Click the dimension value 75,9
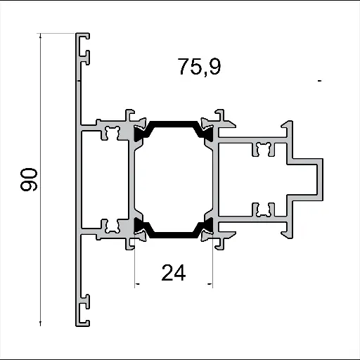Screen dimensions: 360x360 pyautogui.click(x=199, y=67)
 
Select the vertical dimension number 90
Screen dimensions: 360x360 pyautogui.click(x=29, y=180)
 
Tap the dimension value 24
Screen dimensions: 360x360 pyautogui.click(x=173, y=272)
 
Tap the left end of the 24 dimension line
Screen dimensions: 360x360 pyautogui.click(x=136, y=284)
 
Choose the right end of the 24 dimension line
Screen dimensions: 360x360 pyautogui.click(x=211, y=284)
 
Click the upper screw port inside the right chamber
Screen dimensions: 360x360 pyautogui.click(x=264, y=148)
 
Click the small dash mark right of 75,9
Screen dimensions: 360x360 pyautogui.click(x=319, y=82)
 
